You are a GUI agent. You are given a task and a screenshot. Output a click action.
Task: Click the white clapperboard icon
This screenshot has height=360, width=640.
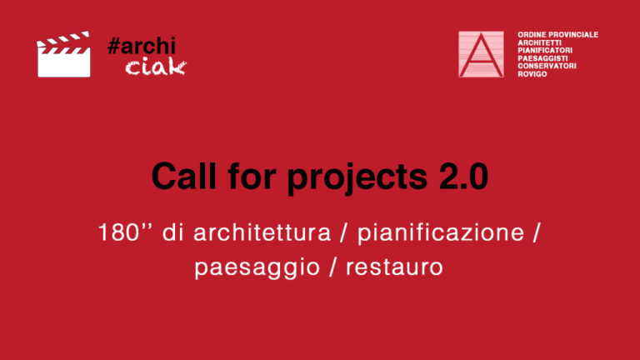click(x=63, y=54)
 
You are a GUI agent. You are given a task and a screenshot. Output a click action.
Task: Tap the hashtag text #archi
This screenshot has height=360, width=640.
click(x=142, y=46)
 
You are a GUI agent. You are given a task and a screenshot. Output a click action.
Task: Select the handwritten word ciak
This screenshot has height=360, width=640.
click(x=156, y=67)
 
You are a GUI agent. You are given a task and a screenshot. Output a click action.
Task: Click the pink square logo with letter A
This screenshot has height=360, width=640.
click(x=481, y=54)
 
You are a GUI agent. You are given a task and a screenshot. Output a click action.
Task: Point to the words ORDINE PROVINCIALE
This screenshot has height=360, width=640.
click(x=557, y=35)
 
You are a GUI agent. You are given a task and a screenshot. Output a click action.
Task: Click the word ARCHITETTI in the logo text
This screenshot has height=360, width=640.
click(x=540, y=42)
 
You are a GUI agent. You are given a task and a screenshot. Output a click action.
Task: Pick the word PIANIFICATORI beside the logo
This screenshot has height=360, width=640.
click(x=545, y=50)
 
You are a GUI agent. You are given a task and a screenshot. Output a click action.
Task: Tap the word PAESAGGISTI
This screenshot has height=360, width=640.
click(x=542, y=58)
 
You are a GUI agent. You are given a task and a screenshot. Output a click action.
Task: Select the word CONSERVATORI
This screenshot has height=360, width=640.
click(x=547, y=66)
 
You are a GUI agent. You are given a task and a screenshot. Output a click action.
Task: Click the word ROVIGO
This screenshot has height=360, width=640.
click(x=532, y=74)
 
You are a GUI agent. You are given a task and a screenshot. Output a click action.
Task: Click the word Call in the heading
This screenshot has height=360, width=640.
click(x=183, y=177)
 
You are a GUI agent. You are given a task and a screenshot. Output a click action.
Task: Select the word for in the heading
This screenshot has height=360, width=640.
click(x=252, y=176)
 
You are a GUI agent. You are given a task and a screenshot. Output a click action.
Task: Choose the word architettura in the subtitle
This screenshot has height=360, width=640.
click(x=262, y=232)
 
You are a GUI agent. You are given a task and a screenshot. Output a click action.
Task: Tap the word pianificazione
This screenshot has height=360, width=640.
click(x=441, y=233)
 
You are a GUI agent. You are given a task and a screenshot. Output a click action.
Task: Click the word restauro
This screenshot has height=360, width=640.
click(x=394, y=267)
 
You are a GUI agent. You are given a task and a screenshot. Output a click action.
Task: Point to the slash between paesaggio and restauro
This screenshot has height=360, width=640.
click(x=333, y=267)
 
